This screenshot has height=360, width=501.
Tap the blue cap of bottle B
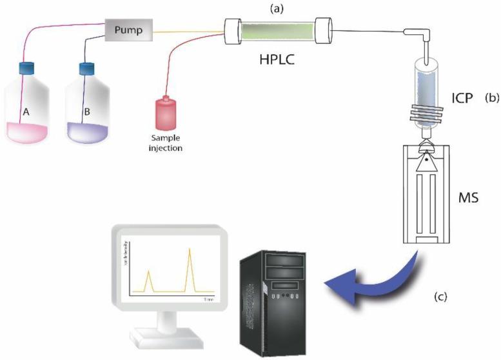(x=87, y=68)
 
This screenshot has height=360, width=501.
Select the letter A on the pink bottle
(x=26, y=111)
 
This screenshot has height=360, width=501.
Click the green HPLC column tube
(x=277, y=30)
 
